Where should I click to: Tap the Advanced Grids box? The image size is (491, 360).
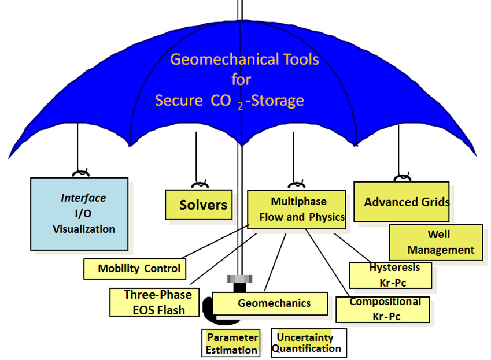[x=401, y=202]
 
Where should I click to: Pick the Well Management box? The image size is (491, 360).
[x=436, y=242]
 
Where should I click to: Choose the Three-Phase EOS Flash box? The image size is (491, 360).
[x=154, y=302]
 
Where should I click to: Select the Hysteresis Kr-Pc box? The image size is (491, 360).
[x=391, y=275]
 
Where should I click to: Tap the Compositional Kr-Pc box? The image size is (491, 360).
[x=383, y=309]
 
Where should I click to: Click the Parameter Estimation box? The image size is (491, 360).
[x=231, y=343]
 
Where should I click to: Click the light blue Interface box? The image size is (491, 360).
[x=79, y=213]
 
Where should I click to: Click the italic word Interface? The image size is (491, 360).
[x=83, y=198]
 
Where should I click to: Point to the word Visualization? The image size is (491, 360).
[x=84, y=229]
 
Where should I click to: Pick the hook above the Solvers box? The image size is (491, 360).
[x=200, y=185]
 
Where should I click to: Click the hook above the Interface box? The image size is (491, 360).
[x=79, y=173]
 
